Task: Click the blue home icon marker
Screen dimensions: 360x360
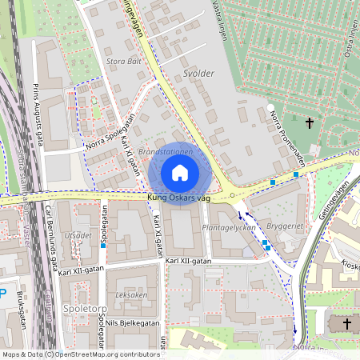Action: [x=180, y=173]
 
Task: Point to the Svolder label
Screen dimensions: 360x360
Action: [x=198, y=73]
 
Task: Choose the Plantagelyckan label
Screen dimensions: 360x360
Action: [x=229, y=227]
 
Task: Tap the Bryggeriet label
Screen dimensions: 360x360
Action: [x=286, y=226]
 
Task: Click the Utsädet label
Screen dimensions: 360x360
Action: [x=78, y=236]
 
